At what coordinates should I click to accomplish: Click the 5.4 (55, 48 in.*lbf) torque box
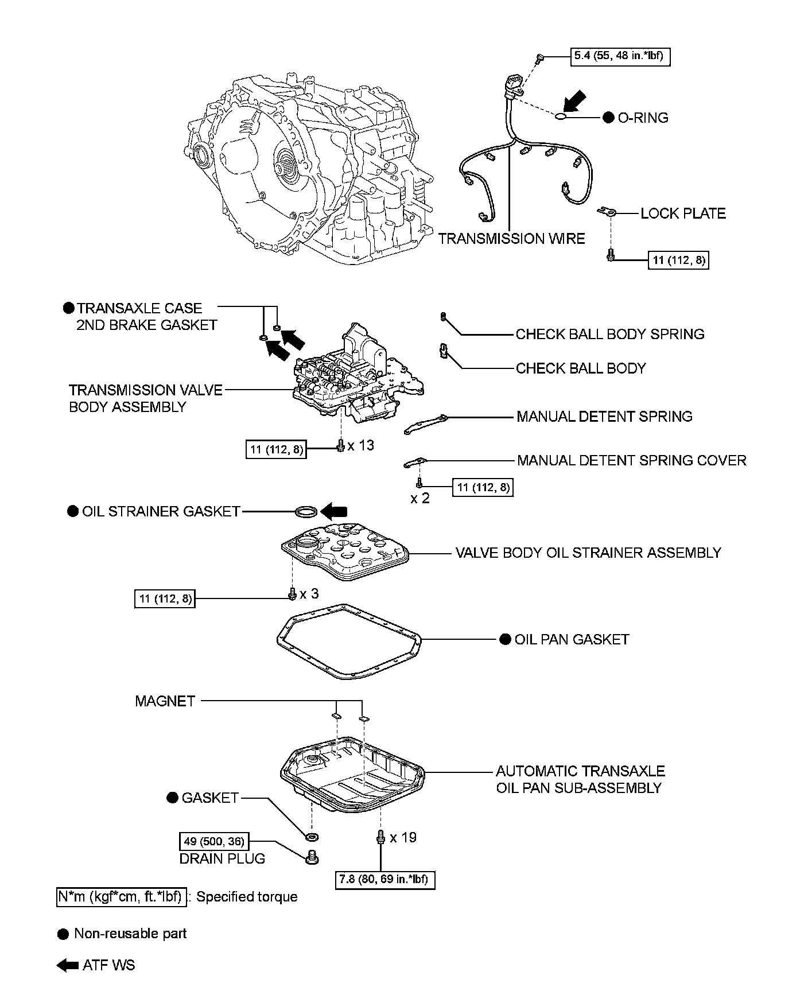620,56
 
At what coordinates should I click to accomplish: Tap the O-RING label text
643,118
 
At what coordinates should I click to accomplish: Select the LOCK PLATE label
683,213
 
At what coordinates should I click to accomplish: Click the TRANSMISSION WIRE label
511,239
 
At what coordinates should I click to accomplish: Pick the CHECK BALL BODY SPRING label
609,334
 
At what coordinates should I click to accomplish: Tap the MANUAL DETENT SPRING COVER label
631,460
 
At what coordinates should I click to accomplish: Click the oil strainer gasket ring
304,511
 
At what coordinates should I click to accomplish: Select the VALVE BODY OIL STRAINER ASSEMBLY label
588,553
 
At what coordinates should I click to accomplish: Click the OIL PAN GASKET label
571,639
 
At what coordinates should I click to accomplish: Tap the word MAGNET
165,701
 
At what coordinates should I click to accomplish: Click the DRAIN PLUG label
223,858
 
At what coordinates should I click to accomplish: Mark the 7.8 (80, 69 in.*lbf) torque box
385,879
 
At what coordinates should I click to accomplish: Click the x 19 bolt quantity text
403,837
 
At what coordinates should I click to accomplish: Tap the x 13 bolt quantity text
360,445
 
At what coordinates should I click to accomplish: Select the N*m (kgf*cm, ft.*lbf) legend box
121,896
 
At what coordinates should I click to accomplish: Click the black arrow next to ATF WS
68,965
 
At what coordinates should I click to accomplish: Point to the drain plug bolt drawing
312,856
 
